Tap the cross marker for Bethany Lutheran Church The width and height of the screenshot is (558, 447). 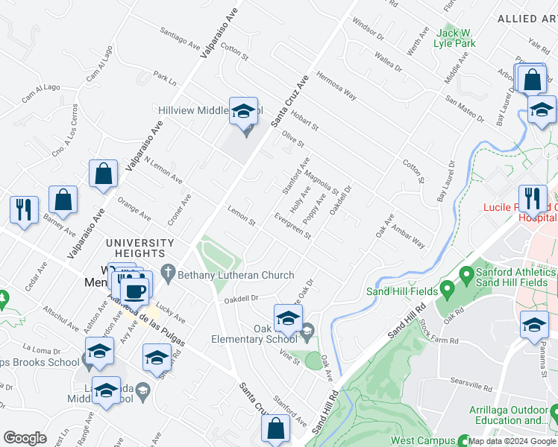coord(169,275)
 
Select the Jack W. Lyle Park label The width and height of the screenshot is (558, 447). coord(456,38)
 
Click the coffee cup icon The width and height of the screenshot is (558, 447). coord(135,290)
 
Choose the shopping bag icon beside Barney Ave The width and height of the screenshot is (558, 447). coord(63,200)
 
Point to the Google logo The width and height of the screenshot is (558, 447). coord(25,438)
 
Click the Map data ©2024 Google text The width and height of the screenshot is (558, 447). coord(511,441)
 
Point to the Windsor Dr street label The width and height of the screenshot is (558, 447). coord(368,31)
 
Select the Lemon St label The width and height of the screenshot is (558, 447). coord(242,218)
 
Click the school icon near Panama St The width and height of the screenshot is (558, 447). coord(534,325)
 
